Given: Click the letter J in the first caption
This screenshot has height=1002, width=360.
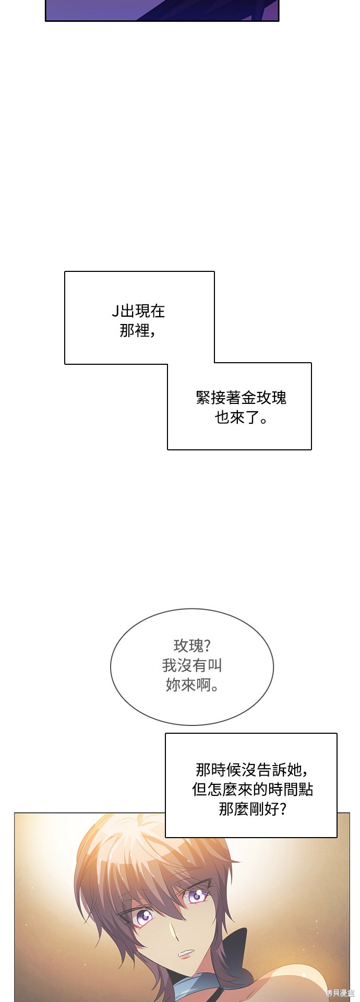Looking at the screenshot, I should pos(115,312).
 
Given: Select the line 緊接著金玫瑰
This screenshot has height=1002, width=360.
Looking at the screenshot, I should pos(241,398).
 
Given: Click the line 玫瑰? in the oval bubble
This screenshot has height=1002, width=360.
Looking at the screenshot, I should pos(192,646).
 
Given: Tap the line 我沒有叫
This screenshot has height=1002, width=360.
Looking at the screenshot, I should pos(192,665).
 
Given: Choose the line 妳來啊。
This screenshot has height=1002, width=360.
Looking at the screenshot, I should pos(192,685).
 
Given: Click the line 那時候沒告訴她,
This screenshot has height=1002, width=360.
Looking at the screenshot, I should pos(251,770).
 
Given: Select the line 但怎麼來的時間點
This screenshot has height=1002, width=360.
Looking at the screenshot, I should pos(253,789).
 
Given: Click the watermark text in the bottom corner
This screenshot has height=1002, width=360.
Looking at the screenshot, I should pos(340,993).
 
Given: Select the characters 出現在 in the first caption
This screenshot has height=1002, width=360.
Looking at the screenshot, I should pos(143,312).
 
